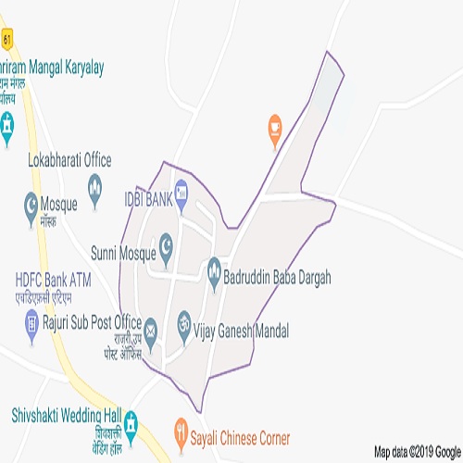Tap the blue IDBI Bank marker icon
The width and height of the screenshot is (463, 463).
(181, 193)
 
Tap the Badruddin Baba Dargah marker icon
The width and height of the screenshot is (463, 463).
(215, 267)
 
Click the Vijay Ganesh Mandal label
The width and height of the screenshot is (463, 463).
(244, 330)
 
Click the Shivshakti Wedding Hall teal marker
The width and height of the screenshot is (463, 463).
(131, 421)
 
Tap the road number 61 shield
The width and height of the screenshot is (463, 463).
(7, 40)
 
